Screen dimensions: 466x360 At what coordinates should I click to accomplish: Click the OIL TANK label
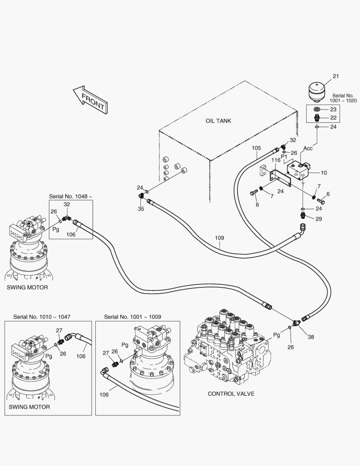click(218, 121)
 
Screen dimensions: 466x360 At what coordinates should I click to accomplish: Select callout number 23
click(333, 110)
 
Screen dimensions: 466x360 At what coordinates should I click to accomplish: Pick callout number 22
click(333, 117)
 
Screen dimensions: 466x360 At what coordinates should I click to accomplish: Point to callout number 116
click(276, 160)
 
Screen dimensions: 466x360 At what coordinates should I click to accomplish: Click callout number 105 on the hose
click(256, 148)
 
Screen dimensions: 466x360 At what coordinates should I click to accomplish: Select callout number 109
click(219, 238)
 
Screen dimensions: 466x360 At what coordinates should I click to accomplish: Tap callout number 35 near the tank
click(141, 209)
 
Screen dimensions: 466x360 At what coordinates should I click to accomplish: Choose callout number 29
click(319, 219)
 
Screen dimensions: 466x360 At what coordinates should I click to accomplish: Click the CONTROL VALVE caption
click(231, 394)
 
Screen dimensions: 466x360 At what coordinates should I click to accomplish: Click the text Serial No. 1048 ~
click(70, 196)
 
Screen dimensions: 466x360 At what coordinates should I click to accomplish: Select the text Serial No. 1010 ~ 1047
click(42, 316)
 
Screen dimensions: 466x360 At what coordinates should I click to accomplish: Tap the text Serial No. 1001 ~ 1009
click(132, 316)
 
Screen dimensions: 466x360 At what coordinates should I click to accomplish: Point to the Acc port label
click(308, 148)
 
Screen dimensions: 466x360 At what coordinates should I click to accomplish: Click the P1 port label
click(284, 157)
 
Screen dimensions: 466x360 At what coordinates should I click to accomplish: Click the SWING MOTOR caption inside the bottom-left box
click(29, 406)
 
